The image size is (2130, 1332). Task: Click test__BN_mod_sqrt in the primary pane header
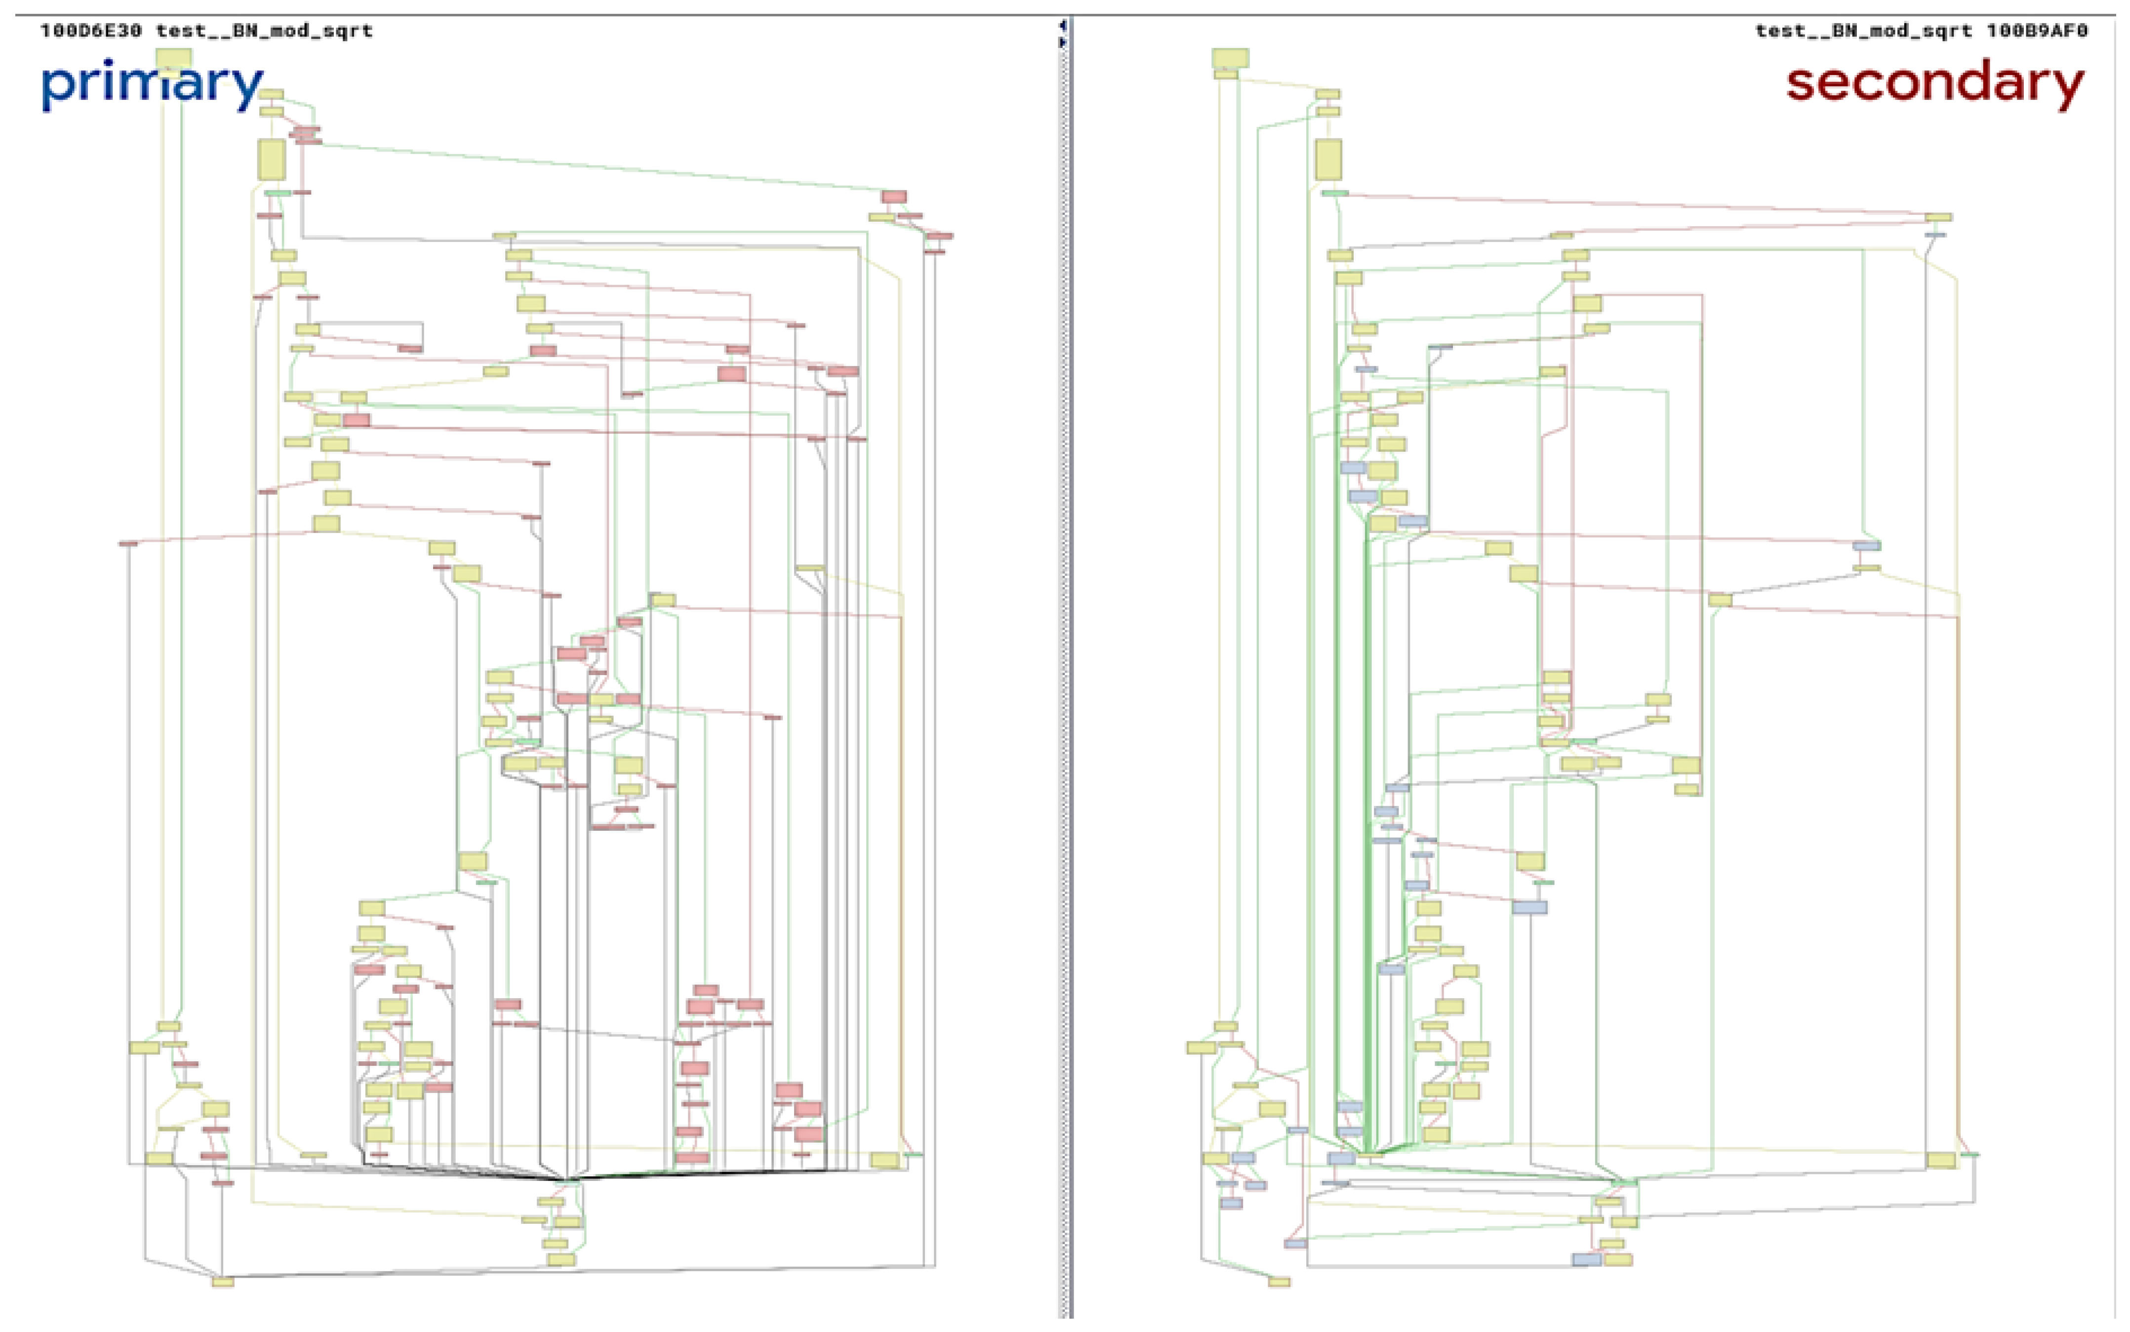click(x=264, y=31)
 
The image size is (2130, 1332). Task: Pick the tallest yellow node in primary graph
click(x=271, y=160)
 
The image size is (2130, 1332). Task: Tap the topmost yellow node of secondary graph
click(x=1230, y=58)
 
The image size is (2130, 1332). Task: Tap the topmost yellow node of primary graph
click(x=173, y=58)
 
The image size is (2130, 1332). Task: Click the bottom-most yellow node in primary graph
click(x=223, y=1282)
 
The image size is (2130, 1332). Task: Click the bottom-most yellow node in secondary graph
click(x=1279, y=1282)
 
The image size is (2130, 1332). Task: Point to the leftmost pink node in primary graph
click(x=128, y=544)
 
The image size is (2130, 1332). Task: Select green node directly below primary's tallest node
click(x=278, y=193)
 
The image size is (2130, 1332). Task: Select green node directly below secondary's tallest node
click(x=1334, y=193)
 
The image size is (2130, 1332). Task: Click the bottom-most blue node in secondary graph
click(x=1586, y=1260)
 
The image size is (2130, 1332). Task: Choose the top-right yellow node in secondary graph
click(x=1938, y=217)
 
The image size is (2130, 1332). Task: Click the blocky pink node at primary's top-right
click(x=893, y=197)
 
